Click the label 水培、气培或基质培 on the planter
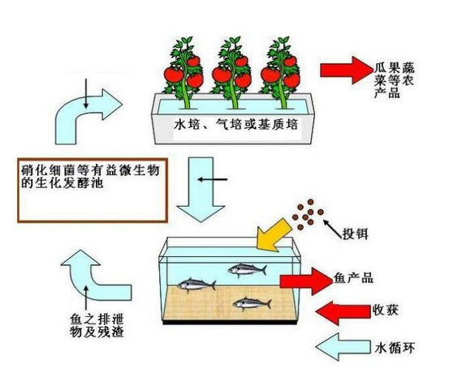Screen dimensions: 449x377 tap(236, 125)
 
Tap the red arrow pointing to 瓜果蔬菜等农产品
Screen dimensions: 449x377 tap(347, 71)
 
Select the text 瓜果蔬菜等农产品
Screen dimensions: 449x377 tap(394, 80)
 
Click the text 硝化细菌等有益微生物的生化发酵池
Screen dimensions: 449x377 tap(90, 177)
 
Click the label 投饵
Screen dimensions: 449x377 tap(355, 234)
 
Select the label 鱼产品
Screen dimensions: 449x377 tap(353, 277)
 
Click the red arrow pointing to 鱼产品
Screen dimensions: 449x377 tap(306, 281)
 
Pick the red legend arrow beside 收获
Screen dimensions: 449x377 tap(343, 313)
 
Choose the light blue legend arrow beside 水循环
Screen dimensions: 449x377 tap(343, 347)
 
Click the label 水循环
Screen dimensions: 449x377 tap(395, 348)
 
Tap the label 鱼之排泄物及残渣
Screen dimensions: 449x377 tap(97, 325)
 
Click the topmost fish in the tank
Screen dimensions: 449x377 tap(247, 270)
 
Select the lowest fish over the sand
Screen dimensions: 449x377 tap(252, 303)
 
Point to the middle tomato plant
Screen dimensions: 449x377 tap(232, 73)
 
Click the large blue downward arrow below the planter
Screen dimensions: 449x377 tap(201, 190)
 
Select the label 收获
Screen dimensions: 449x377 tap(386, 311)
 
